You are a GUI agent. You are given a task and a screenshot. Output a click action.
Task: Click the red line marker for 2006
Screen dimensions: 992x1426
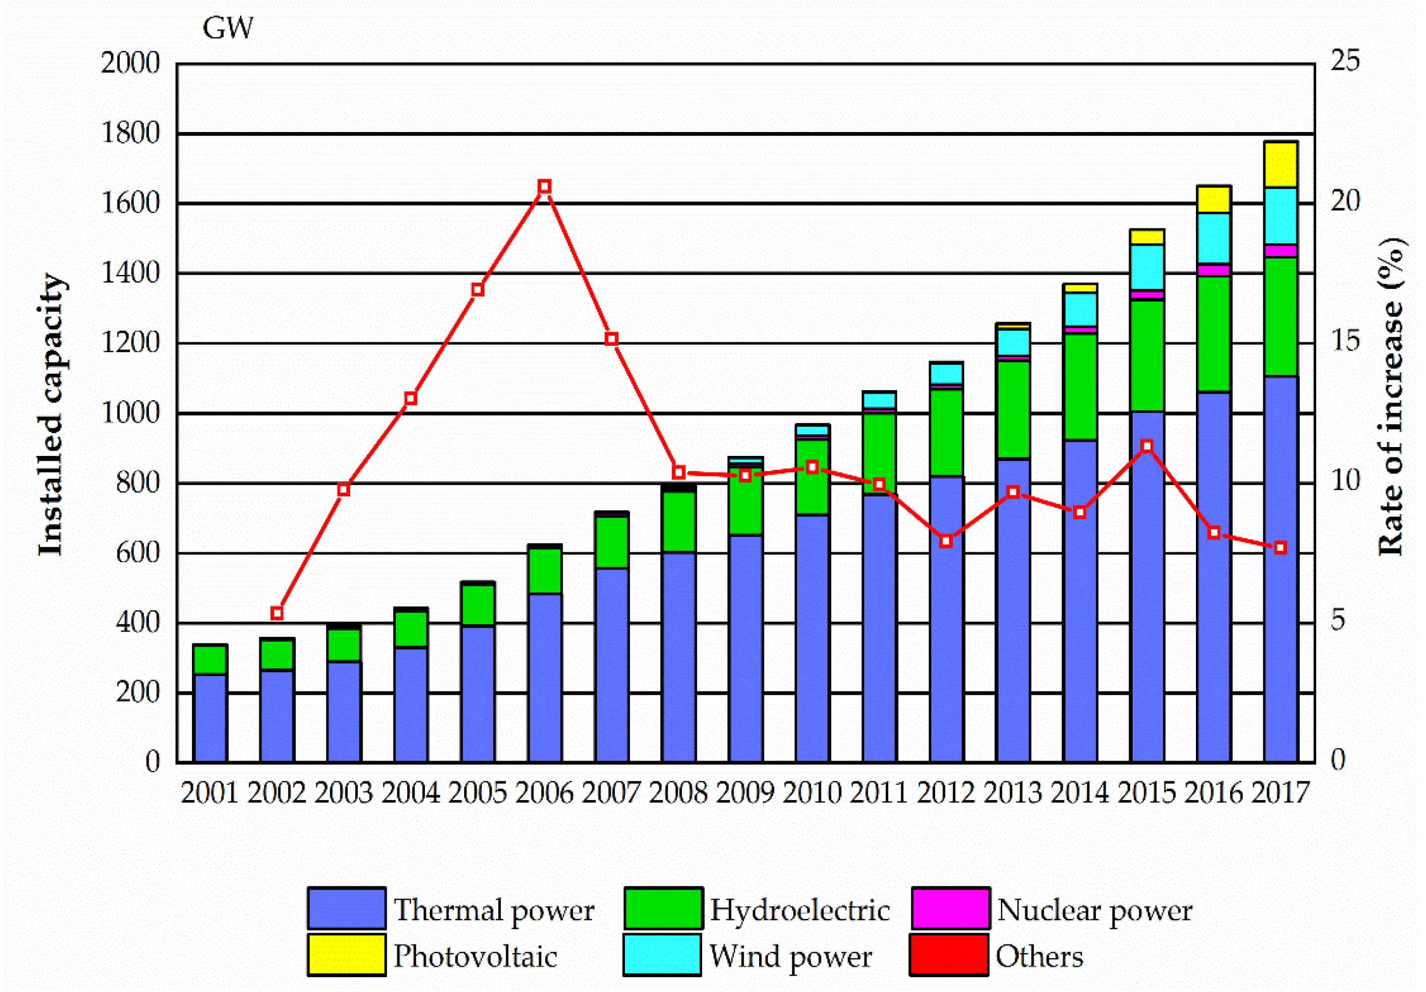545,187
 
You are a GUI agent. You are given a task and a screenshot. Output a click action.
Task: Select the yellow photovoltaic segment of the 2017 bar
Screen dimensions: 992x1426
1280,165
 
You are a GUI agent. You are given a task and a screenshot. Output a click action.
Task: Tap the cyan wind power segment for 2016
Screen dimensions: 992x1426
1214,238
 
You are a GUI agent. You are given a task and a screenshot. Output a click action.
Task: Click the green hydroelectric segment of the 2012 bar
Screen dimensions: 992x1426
946,433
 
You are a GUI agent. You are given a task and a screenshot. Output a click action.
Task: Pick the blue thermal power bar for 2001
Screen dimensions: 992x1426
210,718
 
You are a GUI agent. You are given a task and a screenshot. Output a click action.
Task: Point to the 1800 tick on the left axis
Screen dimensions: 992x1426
131,133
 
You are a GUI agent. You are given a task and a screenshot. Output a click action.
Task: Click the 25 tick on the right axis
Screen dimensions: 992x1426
1345,60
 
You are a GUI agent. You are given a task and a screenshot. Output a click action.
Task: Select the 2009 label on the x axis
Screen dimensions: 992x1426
745,793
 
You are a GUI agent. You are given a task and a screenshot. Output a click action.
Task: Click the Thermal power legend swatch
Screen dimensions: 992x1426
346,909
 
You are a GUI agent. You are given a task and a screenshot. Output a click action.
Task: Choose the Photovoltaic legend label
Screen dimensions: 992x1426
475,956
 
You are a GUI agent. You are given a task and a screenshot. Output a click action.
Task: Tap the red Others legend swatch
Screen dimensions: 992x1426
949,955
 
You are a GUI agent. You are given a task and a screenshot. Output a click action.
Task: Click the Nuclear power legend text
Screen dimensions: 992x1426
1094,910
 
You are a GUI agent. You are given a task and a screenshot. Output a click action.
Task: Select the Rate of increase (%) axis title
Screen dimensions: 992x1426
1391,397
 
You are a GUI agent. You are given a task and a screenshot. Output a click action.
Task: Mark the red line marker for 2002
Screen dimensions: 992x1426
277,613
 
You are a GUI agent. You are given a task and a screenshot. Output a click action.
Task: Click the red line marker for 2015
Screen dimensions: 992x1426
1146,447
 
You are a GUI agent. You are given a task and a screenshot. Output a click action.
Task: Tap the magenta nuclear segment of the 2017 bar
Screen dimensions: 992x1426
1280,251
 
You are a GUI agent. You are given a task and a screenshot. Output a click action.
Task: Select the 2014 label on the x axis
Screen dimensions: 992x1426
1080,793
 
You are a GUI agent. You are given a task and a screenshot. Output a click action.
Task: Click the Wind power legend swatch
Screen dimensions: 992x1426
662,955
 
